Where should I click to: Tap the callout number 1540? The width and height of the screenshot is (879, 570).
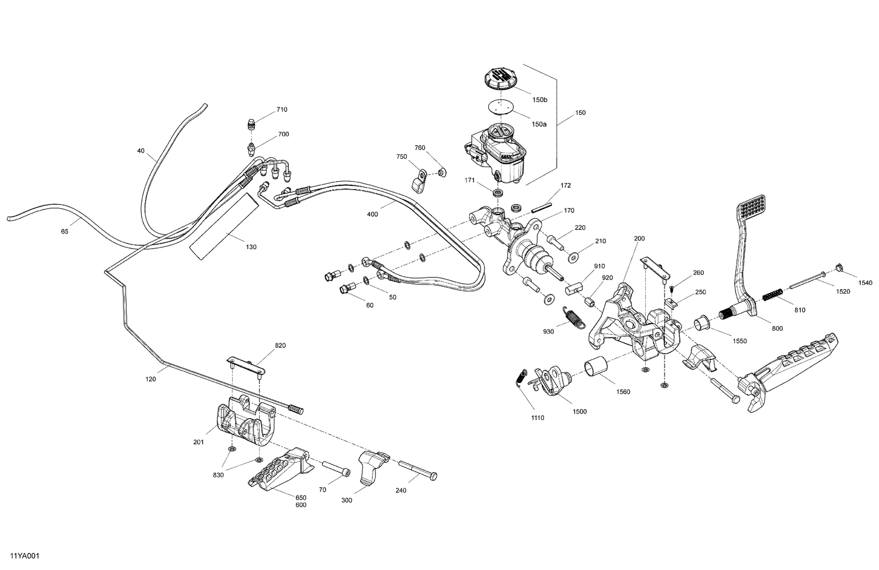point(865,283)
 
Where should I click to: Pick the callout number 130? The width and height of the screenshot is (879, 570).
point(251,247)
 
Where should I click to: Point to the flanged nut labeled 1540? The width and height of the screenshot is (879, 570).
point(838,269)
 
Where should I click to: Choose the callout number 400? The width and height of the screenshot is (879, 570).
point(372,215)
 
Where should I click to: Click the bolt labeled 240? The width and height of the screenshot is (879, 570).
point(418,470)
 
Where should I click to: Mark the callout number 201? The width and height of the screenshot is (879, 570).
point(199,442)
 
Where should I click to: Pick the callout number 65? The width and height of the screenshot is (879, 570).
point(64,232)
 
